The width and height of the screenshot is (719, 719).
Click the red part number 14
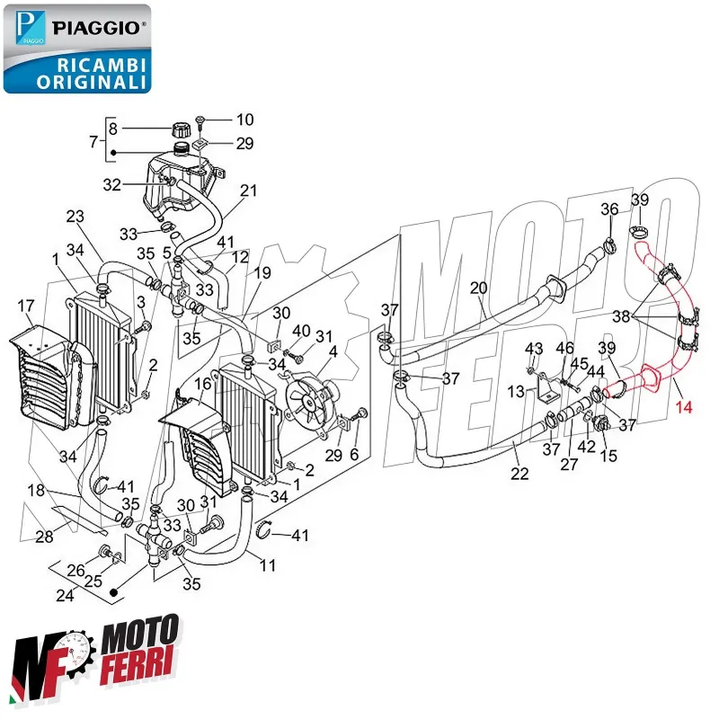685,406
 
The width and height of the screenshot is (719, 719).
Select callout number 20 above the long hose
478,288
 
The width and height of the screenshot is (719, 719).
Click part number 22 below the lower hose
519,474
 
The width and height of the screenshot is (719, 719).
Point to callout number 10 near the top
244,120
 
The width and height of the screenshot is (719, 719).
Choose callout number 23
75,217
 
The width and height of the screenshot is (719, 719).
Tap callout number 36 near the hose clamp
609,209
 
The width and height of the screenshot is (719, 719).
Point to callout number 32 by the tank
111,185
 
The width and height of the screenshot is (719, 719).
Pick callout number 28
44,537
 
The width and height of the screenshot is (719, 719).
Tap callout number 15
608,457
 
